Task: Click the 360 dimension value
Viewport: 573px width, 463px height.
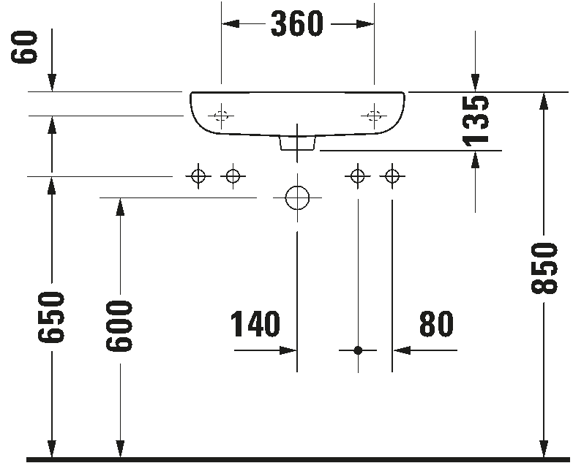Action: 297,24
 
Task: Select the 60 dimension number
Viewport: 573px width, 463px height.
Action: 27,47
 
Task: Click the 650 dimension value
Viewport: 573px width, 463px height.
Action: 52,317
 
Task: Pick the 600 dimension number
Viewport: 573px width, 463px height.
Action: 120,325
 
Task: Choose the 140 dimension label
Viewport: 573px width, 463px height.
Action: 255,325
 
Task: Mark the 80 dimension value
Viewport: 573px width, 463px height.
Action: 436,325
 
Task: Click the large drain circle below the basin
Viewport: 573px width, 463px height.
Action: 297,197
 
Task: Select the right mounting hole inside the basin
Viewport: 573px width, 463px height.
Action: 374,115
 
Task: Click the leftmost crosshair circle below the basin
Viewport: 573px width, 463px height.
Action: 198,176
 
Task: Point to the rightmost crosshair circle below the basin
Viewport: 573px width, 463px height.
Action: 393,176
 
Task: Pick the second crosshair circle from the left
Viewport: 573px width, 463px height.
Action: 233,176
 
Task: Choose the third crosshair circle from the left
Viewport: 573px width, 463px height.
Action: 358,176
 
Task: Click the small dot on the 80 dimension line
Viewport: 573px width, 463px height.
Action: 358,351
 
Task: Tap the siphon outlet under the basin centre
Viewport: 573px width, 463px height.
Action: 297,143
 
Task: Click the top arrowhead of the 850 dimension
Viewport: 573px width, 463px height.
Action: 544,102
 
